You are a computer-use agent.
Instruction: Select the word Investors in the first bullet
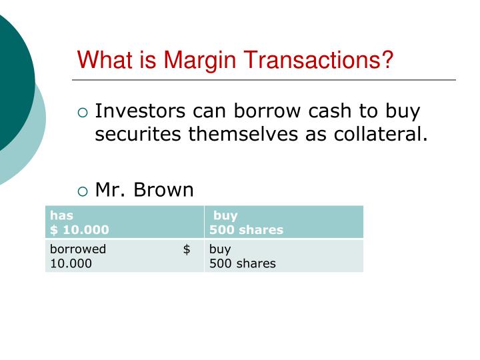(140, 111)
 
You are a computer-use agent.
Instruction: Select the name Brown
(164, 190)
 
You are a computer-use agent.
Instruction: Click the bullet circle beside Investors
(83, 113)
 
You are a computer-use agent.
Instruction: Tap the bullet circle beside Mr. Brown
(83, 191)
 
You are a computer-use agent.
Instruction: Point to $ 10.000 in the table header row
(79, 229)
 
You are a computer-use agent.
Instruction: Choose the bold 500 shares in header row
(246, 229)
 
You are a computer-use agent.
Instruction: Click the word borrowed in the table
(78, 249)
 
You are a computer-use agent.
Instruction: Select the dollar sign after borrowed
(187, 249)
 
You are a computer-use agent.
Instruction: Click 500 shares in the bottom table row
(242, 263)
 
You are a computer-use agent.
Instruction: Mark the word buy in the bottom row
(220, 249)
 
